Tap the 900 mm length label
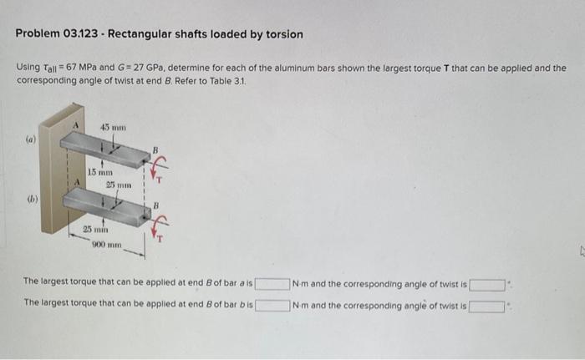click(109, 246)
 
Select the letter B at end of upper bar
click(153, 151)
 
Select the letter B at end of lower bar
click(153, 204)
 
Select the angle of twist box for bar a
click(487, 285)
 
